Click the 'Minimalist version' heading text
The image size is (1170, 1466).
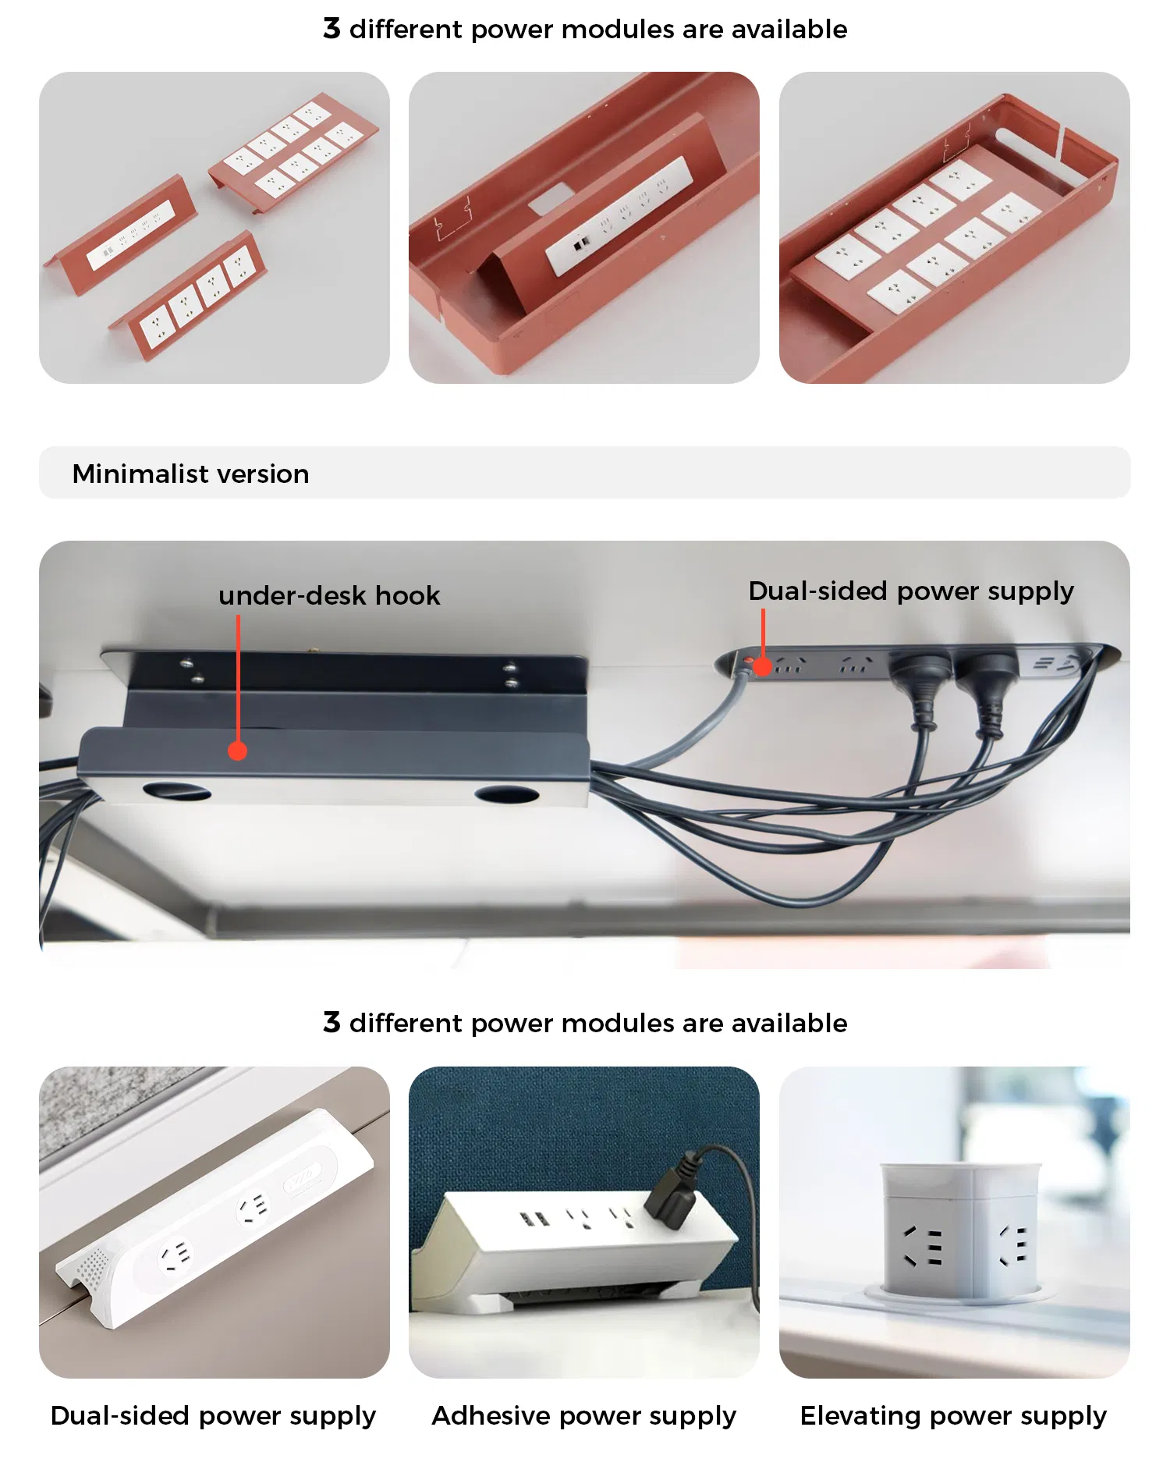[x=190, y=474]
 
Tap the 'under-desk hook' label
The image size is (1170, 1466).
[x=329, y=595]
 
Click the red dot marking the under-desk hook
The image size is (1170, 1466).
[x=238, y=751]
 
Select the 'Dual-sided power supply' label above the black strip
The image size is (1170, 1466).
[x=911, y=591]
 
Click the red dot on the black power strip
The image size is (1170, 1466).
[x=763, y=666]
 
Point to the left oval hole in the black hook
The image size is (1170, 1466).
[x=177, y=791]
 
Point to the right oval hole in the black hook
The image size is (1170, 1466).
[x=507, y=795]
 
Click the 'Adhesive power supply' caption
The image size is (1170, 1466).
[x=583, y=1416]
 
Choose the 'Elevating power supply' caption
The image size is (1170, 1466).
[x=953, y=1416]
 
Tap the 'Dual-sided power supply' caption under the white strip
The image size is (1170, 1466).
[x=213, y=1416]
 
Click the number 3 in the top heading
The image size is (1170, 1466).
[x=331, y=28]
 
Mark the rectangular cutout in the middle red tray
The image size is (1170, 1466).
[x=550, y=198]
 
